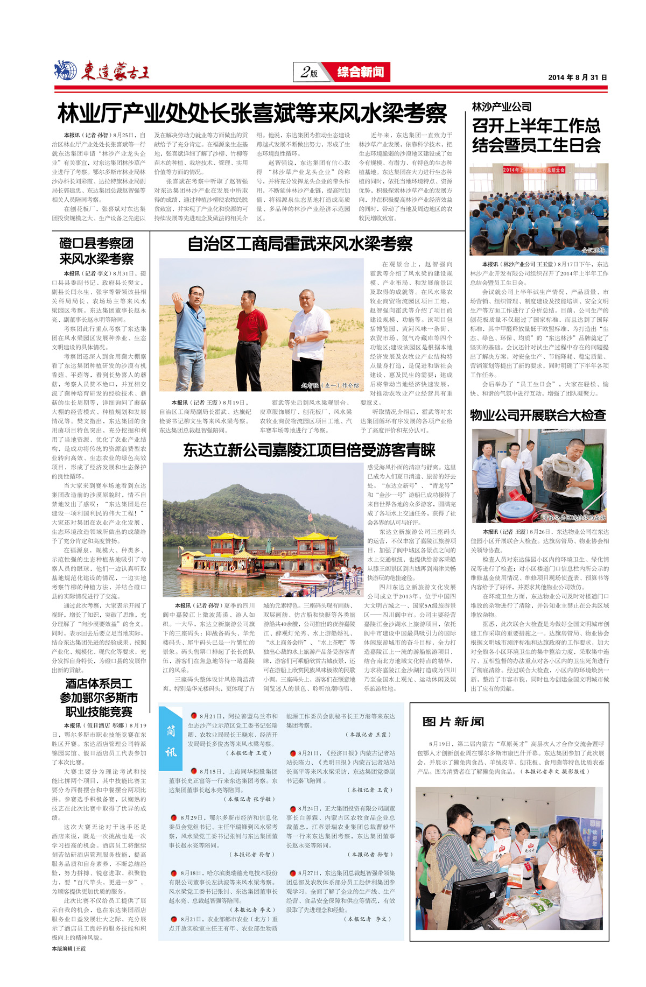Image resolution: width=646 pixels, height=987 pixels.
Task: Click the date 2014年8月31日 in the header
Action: [x=577, y=77]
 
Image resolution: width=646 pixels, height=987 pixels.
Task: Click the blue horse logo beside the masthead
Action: [x=66, y=70]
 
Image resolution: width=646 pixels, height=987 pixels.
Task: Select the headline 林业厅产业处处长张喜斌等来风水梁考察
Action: [x=252, y=114]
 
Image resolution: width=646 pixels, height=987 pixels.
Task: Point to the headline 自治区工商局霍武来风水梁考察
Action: [x=300, y=244]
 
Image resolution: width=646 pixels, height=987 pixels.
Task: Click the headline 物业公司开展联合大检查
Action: [x=538, y=415]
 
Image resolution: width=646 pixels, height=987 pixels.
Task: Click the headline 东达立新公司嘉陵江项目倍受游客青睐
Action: [x=309, y=450]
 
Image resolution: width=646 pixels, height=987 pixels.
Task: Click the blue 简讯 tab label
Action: [x=171, y=741]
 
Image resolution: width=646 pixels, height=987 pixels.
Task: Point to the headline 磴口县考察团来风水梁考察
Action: [x=96, y=251]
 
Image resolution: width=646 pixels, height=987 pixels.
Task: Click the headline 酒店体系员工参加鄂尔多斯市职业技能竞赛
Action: [x=99, y=697]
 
